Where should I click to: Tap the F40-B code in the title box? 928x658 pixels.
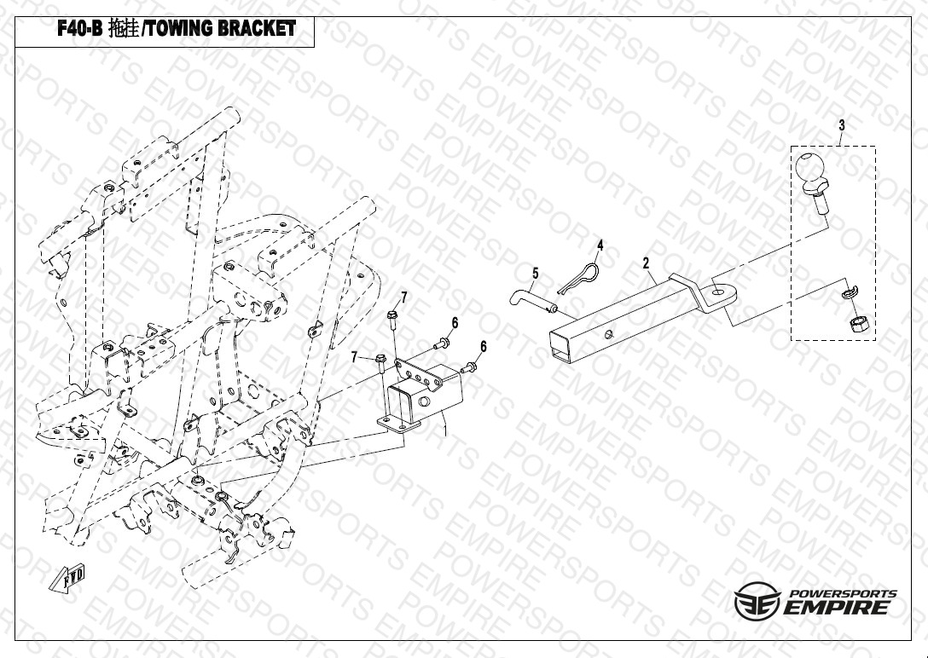pos(78,28)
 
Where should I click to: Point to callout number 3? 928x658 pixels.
pos(841,125)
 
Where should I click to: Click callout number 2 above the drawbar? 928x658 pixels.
pos(647,263)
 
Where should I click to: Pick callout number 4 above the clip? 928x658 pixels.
pos(600,245)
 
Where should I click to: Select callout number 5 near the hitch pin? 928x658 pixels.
pos(536,274)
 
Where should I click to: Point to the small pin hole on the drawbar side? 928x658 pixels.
pos(608,333)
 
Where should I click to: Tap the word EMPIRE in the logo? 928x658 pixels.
pos(840,608)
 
